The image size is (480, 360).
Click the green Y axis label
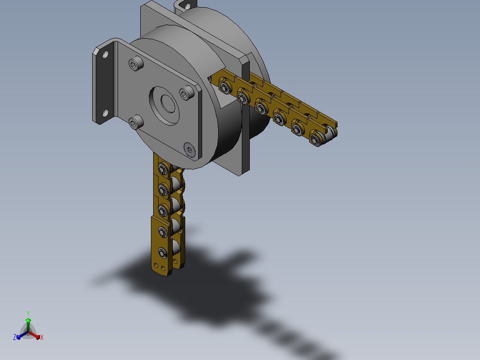[28, 314]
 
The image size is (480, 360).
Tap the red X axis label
[42, 337]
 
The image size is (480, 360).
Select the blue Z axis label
[15, 337]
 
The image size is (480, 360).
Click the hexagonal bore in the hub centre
[168, 103]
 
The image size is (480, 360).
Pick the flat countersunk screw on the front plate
[190, 150]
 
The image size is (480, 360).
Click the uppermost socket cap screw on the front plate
[136, 63]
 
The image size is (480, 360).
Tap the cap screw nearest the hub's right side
[187, 93]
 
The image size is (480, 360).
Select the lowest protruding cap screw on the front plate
[136, 122]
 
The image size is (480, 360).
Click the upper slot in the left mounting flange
[105, 55]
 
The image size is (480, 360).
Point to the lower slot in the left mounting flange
[105, 113]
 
